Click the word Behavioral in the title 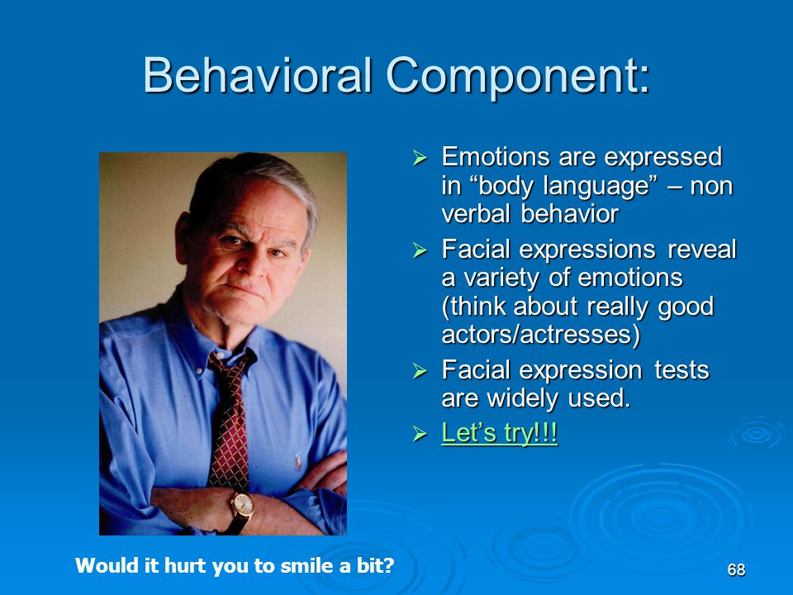pyautogui.click(x=258, y=75)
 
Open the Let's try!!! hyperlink pyautogui.click(x=499, y=432)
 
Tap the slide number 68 pyautogui.click(x=736, y=569)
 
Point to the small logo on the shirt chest pyautogui.click(x=298, y=460)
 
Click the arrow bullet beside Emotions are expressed pyautogui.click(x=420, y=157)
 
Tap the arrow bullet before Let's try pyautogui.click(x=420, y=433)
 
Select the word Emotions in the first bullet pyautogui.click(x=496, y=156)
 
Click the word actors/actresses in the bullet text pyautogui.click(x=540, y=334)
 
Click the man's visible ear pyautogui.click(x=184, y=234)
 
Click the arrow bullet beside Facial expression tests pyautogui.click(x=420, y=371)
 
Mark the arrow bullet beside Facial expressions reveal pyautogui.click(x=420, y=250)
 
